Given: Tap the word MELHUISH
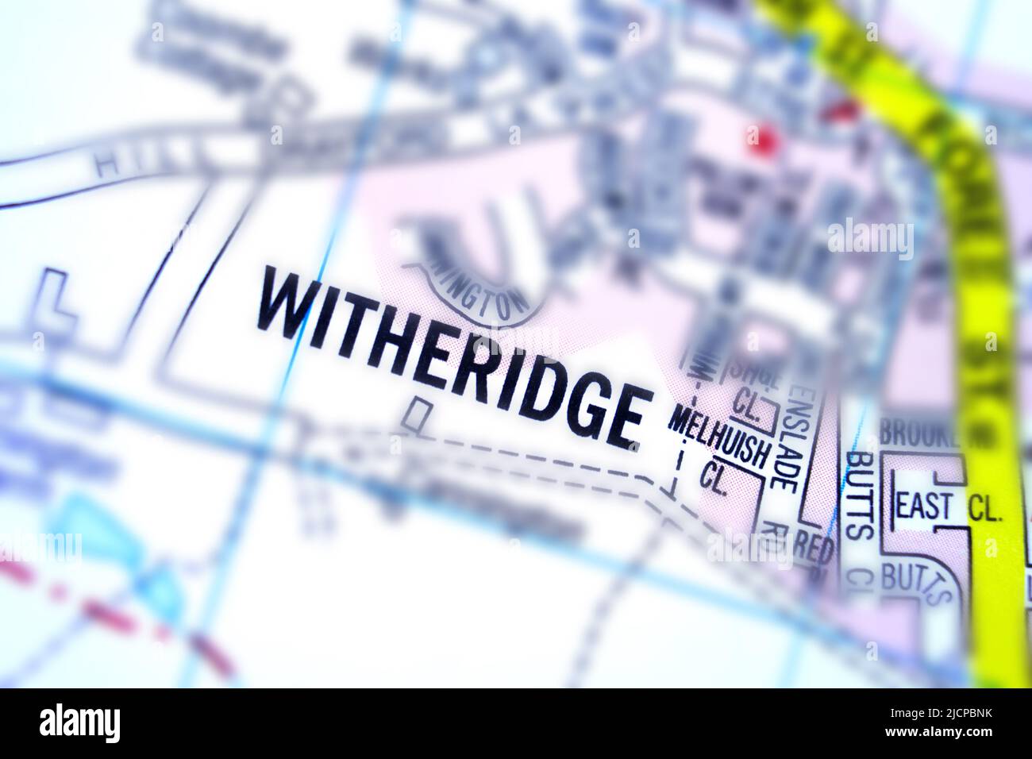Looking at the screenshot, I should point(718,436).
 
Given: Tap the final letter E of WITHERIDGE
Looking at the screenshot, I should point(623,418).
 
